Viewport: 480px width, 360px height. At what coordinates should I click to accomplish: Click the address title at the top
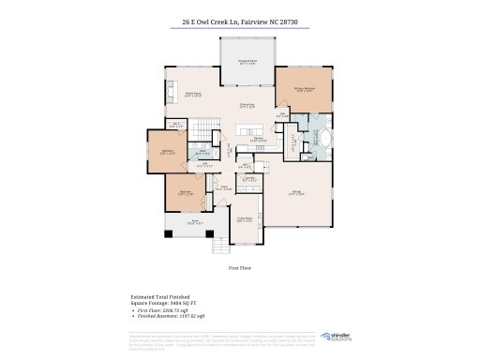[x=240, y=21]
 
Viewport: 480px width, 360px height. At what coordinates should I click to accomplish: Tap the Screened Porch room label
[x=248, y=64]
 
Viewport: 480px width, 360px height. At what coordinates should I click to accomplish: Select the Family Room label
[x=193, y=94]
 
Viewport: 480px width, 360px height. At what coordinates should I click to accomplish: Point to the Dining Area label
[x=247, y=104]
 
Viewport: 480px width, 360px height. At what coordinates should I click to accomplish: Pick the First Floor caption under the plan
[x=240, y=267]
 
